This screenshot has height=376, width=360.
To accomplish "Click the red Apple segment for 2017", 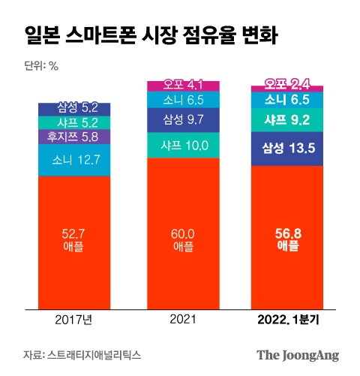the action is point(74,243).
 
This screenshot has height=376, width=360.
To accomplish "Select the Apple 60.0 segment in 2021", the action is point(183,233).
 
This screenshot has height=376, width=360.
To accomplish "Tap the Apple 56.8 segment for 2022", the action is point(287,238).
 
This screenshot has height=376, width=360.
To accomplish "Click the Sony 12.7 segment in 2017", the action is point(74,160).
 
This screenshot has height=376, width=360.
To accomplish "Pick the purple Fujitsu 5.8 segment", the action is point(74,137).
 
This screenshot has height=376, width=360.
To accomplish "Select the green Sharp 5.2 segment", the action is point(74,123).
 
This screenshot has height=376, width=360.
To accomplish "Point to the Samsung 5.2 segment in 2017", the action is point(74,110).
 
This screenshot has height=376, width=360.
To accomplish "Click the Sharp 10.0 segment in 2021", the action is point(183,145).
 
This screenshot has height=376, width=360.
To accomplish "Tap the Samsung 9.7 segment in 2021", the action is point(183,120).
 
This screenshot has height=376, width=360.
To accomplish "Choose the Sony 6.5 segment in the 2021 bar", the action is point(183,100).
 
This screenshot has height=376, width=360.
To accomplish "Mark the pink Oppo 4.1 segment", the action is point(183,86).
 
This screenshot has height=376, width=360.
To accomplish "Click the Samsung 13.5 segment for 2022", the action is point(287,149).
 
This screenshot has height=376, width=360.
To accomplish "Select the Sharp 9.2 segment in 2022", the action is point(287,120).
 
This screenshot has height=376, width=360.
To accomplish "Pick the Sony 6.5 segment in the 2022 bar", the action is point(287,100).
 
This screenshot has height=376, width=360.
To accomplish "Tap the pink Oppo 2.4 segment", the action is point(287,89).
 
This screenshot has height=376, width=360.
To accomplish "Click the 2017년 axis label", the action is point(73,320).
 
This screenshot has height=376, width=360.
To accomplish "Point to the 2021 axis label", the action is point(183,320).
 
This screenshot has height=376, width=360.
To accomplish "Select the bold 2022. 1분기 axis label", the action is point(288,320).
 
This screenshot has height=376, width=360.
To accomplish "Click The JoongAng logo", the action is point(298,356).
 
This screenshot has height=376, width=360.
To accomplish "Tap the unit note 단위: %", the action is point(41,66).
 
